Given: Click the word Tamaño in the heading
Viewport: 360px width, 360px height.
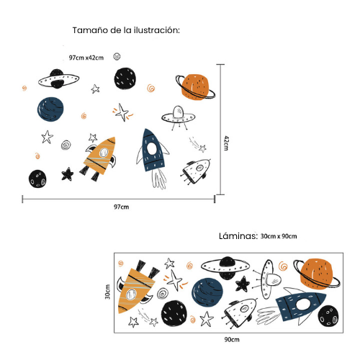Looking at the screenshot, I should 90,31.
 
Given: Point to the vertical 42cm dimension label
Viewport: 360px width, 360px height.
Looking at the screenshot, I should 225,143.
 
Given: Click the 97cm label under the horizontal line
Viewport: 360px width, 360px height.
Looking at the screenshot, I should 121,207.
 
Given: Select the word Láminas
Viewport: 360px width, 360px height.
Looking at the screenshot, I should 238,235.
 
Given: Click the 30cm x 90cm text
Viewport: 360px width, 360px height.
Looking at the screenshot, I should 279,236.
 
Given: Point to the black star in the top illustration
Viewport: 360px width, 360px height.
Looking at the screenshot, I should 68,174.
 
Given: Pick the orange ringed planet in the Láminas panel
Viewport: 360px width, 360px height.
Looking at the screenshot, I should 318,273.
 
